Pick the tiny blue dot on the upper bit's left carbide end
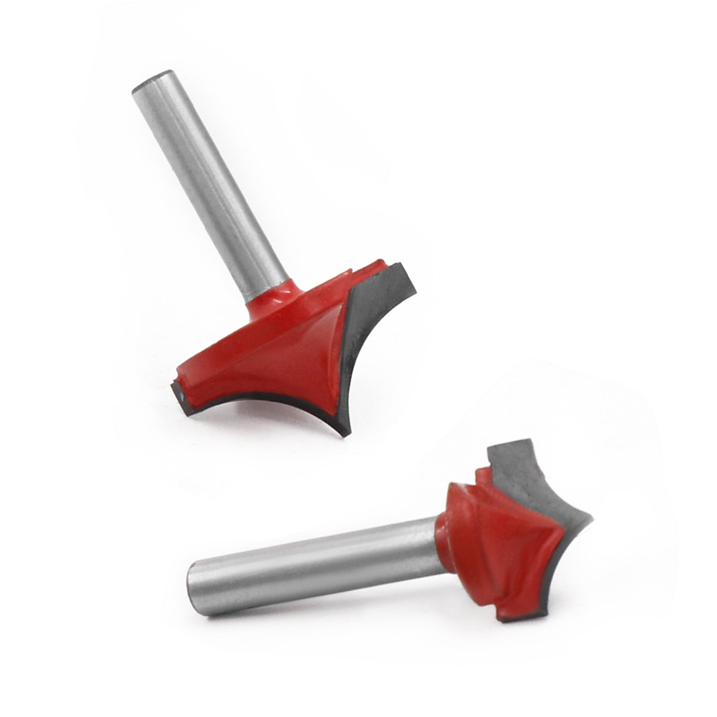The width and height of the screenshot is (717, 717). pyautogui.click(x=180, y=395)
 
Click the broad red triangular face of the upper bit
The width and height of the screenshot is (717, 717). pyautogui.click(x=287, y=363)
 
